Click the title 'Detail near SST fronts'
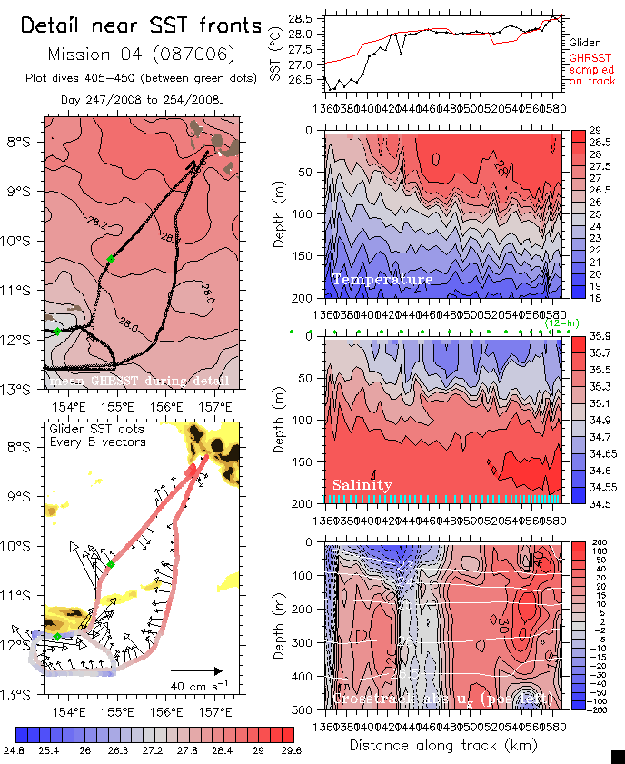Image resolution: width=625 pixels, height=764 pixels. [x=141, y=26]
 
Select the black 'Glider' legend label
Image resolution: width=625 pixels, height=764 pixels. [x=584, y=42]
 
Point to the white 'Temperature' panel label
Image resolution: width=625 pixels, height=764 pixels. [x=382, y=280]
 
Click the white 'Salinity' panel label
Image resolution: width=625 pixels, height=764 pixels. [x=362, y=485]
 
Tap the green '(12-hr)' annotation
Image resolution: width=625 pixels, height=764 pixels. [x=557, y=322]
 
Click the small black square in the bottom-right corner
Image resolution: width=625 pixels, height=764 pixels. [x=618, y=756]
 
